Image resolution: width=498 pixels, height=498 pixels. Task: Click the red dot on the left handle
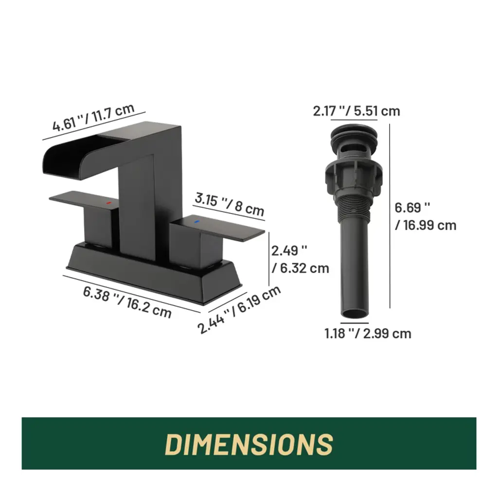coord(108,203)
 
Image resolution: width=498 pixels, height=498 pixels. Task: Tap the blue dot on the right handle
coord(196,221)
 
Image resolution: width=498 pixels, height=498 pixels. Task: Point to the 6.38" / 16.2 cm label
coord(127,302)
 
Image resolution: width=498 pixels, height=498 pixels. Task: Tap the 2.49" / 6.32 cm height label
coord(300,260)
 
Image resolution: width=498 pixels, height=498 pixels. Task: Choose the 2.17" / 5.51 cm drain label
coord(356,111)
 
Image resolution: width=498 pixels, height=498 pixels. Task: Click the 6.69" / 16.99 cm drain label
coord(425,216)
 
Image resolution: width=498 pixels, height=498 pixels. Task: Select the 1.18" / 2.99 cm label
coord(368,334)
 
